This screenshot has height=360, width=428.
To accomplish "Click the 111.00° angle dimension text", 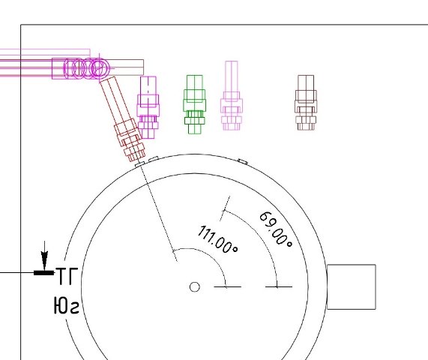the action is [x=217, y=239].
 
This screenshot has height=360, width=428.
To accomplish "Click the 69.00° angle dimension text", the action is [x=276, y=229].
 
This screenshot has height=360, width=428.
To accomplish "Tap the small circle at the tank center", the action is [x=194, y=286].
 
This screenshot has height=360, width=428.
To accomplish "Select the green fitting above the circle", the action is [x=195, y=104].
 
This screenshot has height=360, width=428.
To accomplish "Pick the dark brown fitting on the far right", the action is [x=306, y=103].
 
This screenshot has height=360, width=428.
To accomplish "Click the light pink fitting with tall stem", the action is [x=232, y=95].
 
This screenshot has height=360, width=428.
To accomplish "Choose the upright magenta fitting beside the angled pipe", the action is [x=148, y=107].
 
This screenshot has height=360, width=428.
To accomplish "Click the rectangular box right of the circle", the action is [x=352, y=286].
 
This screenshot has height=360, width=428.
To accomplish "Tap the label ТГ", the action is [x=67, y=276].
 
